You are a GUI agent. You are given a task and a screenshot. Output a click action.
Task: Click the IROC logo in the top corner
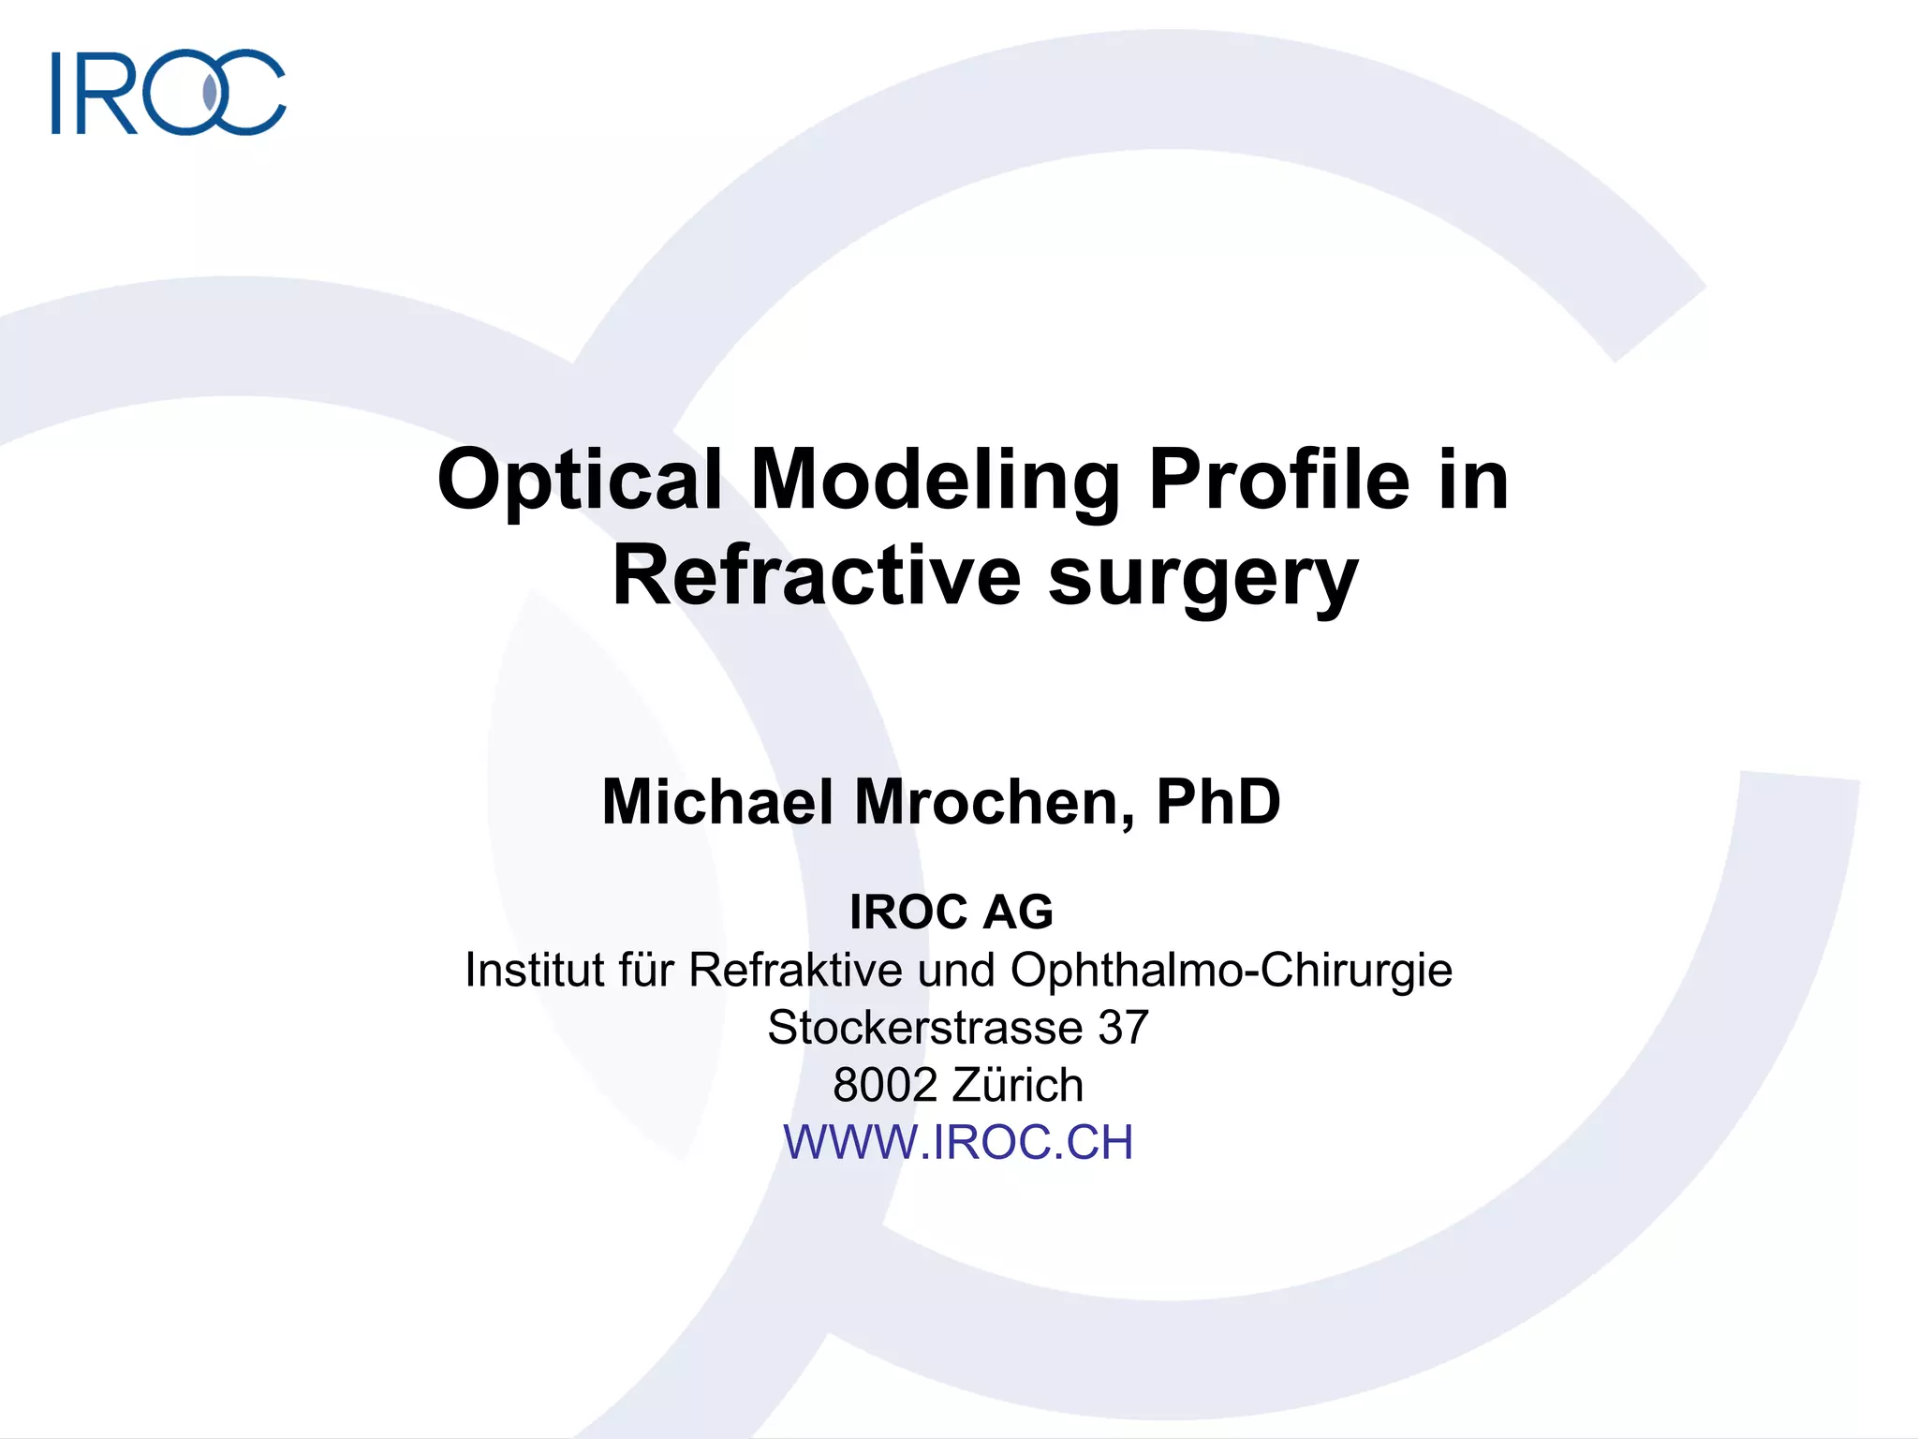coord(169,92)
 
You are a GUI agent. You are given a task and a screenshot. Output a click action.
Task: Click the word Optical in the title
coord(580,480)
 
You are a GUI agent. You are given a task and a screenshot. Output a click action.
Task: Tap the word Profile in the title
coord(1278,480)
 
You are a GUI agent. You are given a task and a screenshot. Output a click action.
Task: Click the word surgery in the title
coord(1202,579)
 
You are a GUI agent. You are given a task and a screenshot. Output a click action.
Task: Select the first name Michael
coord(717,802)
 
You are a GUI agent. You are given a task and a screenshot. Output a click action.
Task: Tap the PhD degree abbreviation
coord(1218,802)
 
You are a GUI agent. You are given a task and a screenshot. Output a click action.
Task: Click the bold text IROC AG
coord(952,912)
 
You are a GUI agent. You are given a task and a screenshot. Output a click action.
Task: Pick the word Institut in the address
coord(535,970)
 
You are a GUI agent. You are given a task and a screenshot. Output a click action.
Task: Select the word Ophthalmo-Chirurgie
coord(1232,970)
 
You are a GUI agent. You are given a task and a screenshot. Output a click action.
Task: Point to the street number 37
coord(1123,1027)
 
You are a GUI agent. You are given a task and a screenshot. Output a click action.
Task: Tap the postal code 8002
coord(885,1085)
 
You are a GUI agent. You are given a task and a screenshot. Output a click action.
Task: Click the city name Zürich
coord(1018,1085)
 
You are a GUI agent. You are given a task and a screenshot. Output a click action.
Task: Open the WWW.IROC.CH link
coord(958,1142)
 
